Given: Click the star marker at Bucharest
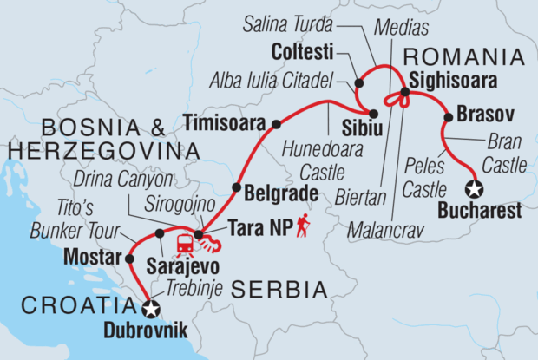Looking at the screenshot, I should click(x=474, y=188).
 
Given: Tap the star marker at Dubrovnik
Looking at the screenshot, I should click(x=151, y=309).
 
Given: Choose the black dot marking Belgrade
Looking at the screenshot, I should click(x=236, y=187).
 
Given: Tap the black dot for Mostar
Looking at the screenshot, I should click(x=129, y=259).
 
